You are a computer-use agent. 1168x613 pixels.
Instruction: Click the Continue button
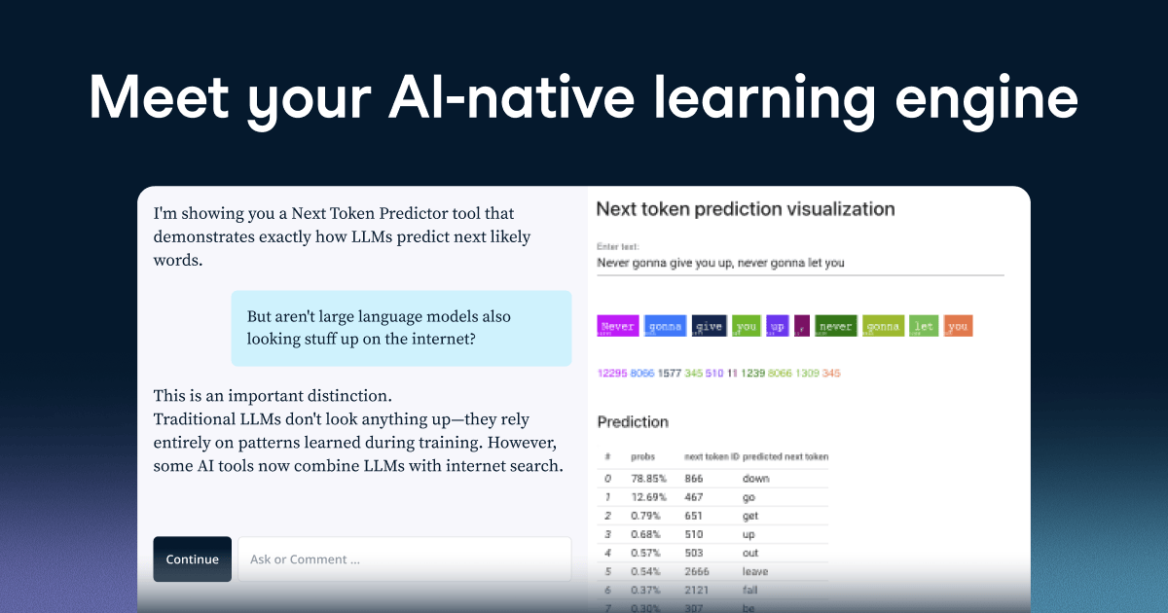[x=192, y=559]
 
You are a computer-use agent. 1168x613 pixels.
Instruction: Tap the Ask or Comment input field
[x=404, y=559]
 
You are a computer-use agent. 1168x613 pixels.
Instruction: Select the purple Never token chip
[x=617, y=327]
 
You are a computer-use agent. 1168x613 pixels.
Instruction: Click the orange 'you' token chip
[x=958, y=327]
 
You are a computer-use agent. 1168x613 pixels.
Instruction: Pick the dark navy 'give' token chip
[x=709, y=327]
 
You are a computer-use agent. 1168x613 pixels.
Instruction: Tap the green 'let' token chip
[x=924, y=327]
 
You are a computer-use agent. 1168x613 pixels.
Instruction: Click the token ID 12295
[x=611, y=373]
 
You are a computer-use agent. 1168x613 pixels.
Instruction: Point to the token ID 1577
[x=669, y=373]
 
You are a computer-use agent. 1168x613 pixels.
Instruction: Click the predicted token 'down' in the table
[x=755, y=479]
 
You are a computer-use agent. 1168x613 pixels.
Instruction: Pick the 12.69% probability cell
[x=646, y=497]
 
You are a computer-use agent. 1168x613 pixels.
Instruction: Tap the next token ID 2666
[x=698, y=571]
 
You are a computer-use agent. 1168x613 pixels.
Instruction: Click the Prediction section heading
[x=633, y=421]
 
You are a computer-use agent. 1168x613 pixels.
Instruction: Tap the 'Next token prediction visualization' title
[x=745, y=208]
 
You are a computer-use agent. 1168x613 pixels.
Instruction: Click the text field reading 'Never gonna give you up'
[x=720, y=263]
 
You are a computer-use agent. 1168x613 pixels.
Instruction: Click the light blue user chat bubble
[x=401, y=328]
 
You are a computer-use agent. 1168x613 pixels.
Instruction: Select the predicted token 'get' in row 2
[x=749, y=516]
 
